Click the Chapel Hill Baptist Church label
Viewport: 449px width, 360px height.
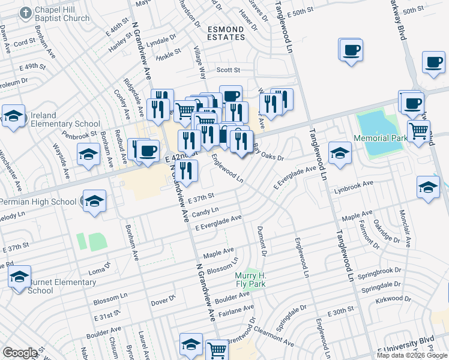[x=62, y=14]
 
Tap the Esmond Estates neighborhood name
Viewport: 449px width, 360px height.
[x=226, y=32]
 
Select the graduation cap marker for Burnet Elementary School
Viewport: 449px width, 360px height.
[x=19, y=277]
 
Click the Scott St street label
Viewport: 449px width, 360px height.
[x=228, y=70]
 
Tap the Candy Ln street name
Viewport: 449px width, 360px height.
[x=205, y=212]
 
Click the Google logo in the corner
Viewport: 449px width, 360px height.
[x=20, y=353]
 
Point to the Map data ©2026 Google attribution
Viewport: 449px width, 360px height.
[x=411, y=355]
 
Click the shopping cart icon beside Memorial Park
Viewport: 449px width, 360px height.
[x=418, y=130]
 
